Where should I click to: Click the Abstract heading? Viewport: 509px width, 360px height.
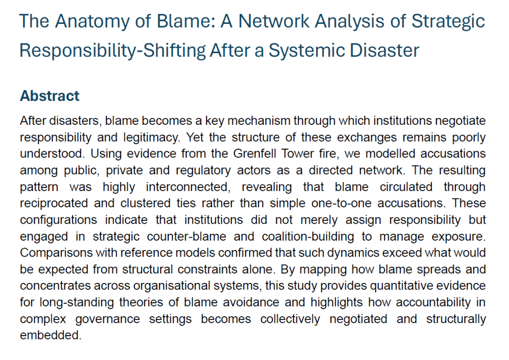coord(50,96)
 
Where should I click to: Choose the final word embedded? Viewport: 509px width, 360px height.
coord(50,334)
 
